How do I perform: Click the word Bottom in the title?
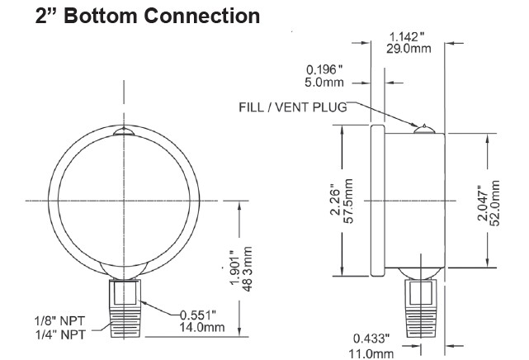101,16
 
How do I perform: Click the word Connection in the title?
201,16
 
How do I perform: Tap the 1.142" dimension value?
407,37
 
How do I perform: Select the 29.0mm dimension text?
409,49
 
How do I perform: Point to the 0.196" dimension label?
324,70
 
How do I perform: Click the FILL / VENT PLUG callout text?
293,107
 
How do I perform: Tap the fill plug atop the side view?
424,129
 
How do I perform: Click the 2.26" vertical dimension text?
337,201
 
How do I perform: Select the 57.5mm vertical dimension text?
348,201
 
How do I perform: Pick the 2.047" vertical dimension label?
483,203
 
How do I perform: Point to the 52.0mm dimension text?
494,203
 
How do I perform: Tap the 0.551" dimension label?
198,315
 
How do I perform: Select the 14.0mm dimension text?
201,327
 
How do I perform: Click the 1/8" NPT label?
60,321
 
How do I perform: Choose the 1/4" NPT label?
61,334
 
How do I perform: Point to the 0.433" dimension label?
371,339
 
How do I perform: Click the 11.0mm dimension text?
371,353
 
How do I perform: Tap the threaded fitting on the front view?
125,308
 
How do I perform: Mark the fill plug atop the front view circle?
124,131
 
